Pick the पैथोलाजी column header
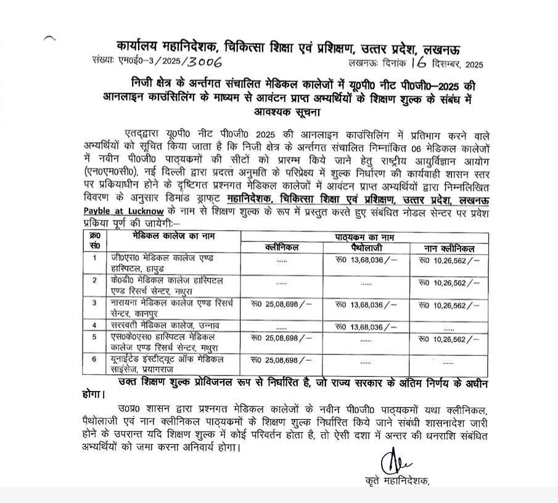365,247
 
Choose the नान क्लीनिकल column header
448,248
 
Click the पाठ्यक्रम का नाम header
364,237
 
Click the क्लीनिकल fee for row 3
281,304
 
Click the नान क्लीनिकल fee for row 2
448,283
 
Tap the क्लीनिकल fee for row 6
281,360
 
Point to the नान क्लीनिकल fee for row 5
448,337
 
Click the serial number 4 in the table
94,325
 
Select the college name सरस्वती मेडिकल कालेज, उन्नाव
161,325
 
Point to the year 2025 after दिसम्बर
475,63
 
